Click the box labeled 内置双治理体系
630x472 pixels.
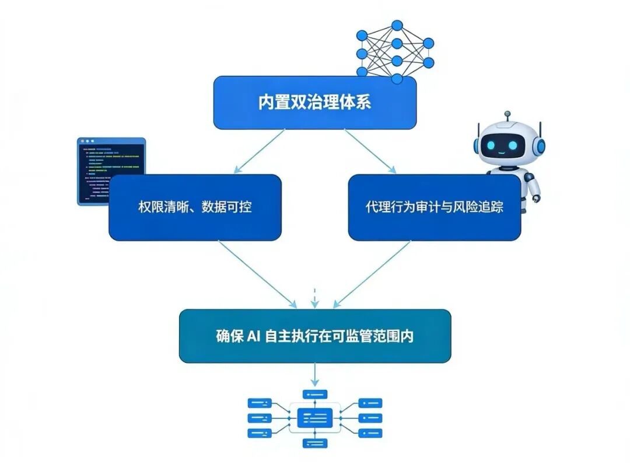pos(315,103)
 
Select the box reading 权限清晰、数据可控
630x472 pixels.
pos(195,207)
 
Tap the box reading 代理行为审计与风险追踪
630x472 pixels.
pos(434,207)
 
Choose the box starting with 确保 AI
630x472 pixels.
pos(315,336)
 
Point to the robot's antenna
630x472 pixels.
pos(507,116)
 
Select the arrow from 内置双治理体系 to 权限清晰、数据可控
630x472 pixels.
pos(259,151)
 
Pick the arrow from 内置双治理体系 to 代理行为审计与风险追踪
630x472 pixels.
pos(370,151)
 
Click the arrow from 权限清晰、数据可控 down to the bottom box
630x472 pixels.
pos(257,273)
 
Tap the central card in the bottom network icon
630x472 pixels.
pos(315,417)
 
